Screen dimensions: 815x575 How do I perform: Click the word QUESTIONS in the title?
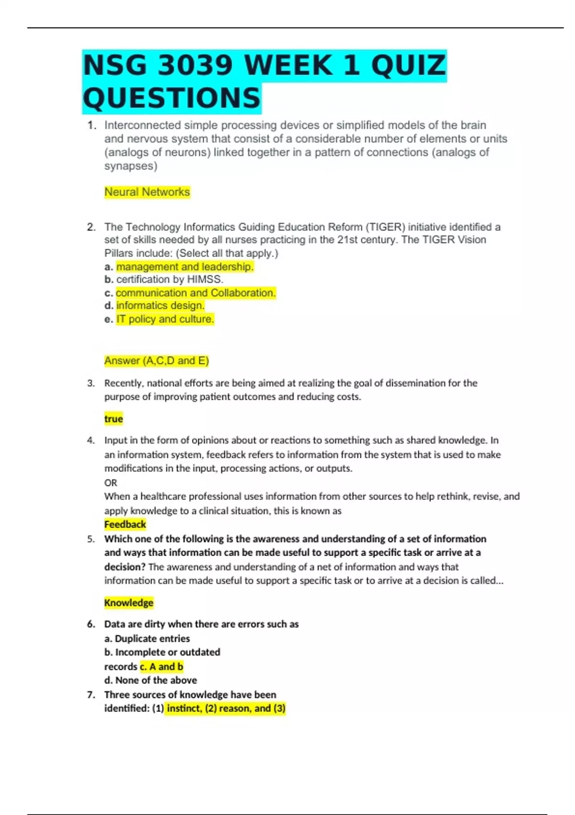click(x=172, y=98)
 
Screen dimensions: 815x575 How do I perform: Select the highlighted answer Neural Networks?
click(x=147, y=192)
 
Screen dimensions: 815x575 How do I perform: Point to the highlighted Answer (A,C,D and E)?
click(x=157, y=361)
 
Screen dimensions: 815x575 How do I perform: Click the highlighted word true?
click(x=114, y=419)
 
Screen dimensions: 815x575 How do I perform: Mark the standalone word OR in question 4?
click(x=111, y=482)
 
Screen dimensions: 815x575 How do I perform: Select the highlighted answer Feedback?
click(x=125, y=524)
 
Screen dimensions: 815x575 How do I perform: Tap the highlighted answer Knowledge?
click(x=129, y=603)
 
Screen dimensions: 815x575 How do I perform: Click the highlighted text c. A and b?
click(x=161, y=666)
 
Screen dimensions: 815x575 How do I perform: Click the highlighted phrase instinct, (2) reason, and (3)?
click(x=226, y=708)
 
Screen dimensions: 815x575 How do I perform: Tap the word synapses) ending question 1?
click(x=131, y=166)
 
